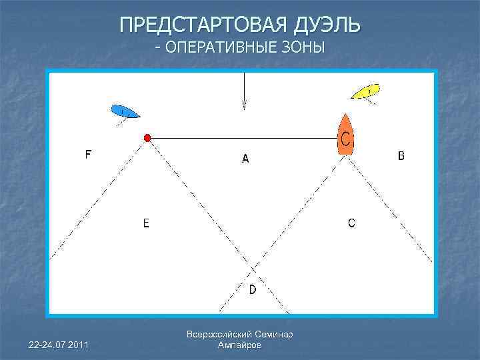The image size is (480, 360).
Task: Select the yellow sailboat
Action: pyautogui.click(x=365, y=91)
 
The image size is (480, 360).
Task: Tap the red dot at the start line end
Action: pyautogui.click(x=147, y=138)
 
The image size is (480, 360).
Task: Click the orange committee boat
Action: pyautogui.click(x=345, y=135)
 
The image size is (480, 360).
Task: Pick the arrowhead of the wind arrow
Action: pyautogui.click(x=244, y=105)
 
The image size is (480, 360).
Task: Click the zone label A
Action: pyautogui.click(x=245, y=159)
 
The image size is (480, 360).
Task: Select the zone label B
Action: pyautogui.click(x=401, y=156)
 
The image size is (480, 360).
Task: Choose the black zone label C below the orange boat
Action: pyautogui.click(x=351, y=223)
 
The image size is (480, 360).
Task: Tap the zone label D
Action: pyautogui.click(x=252, y=289)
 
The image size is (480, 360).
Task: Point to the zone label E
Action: pyautogui.click(x=146, y=223)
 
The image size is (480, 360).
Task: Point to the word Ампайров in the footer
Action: pyautogui.click(x=240, y=345)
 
